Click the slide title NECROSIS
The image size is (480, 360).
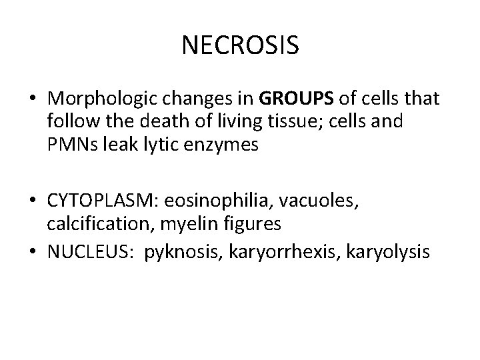(240, 45)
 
